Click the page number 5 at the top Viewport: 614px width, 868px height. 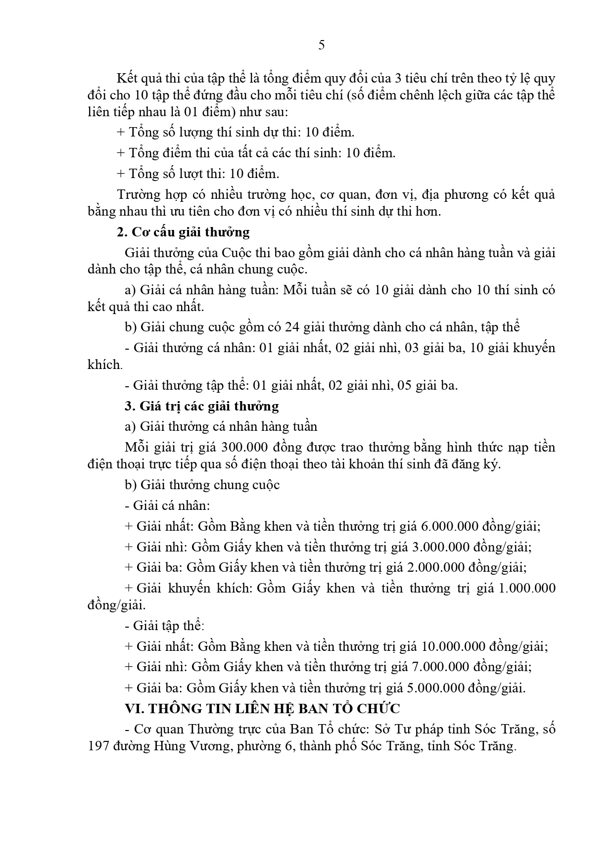tap(322, 46)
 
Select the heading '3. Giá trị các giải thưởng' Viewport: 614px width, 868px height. tap(202, 406)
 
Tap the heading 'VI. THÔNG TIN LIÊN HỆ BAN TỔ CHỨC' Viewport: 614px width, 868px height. tap(262, 708)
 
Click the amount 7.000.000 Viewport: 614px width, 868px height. tap(440, 667)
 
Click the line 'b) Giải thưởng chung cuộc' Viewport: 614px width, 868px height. tap(202, 485)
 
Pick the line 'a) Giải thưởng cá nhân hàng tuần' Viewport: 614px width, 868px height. tap(221, 426)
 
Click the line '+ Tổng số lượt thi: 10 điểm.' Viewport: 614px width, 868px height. tap(198, 174)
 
